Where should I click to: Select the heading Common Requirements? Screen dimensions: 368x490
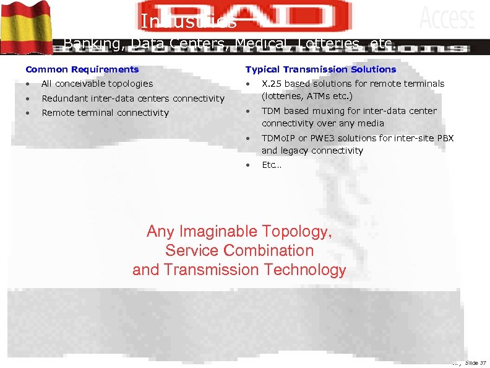(82, 69)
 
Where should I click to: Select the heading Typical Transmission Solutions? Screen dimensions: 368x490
(320, 69)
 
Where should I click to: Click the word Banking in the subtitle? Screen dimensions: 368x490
(93, 43)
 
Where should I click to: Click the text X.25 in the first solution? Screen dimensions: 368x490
(272, 84)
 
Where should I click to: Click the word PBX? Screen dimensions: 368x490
(445, 138)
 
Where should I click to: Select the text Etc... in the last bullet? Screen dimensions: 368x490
(271, 165)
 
